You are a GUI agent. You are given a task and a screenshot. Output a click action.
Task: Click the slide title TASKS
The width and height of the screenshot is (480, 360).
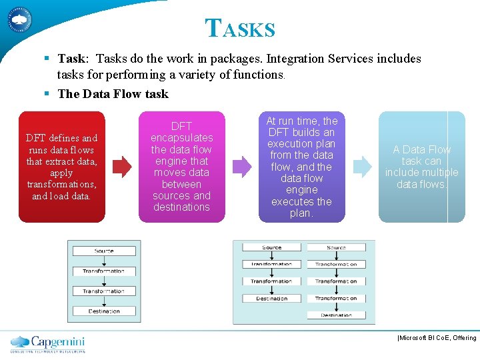240,28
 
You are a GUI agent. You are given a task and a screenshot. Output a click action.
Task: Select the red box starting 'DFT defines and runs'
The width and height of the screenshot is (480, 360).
61,167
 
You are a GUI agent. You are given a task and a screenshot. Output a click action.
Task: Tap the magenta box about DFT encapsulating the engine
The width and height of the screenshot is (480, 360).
181,167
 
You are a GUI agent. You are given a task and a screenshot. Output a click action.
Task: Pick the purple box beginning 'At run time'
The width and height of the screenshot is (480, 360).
301,167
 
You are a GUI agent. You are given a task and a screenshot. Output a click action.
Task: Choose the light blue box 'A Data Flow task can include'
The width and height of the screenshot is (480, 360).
421,167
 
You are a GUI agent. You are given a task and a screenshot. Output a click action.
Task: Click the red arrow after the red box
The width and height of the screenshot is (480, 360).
122,167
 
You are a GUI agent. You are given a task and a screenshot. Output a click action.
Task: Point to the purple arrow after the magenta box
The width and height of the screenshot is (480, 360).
242,167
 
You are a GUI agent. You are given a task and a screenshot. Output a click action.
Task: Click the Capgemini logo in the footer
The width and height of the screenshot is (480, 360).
47,343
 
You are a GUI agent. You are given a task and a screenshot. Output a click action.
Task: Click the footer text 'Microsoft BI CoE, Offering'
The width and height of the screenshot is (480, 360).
437,338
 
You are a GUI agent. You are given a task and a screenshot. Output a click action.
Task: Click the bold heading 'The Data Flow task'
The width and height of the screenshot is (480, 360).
113,94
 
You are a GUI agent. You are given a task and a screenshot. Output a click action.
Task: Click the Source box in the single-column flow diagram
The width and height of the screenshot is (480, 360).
104,251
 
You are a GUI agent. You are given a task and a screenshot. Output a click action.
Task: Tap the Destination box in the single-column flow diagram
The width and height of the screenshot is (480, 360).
104,311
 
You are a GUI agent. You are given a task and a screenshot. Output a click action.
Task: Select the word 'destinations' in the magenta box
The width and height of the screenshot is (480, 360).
181,207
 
